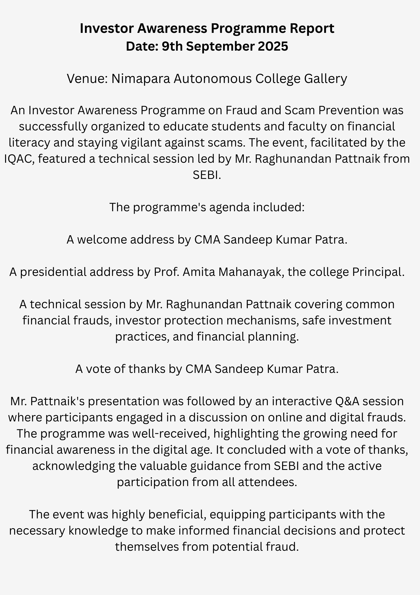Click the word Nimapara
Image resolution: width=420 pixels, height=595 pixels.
(x=140, y=79)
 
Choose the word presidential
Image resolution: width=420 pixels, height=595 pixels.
(x=53, y=272)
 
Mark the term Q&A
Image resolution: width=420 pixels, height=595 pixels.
(x=348, y=402)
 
